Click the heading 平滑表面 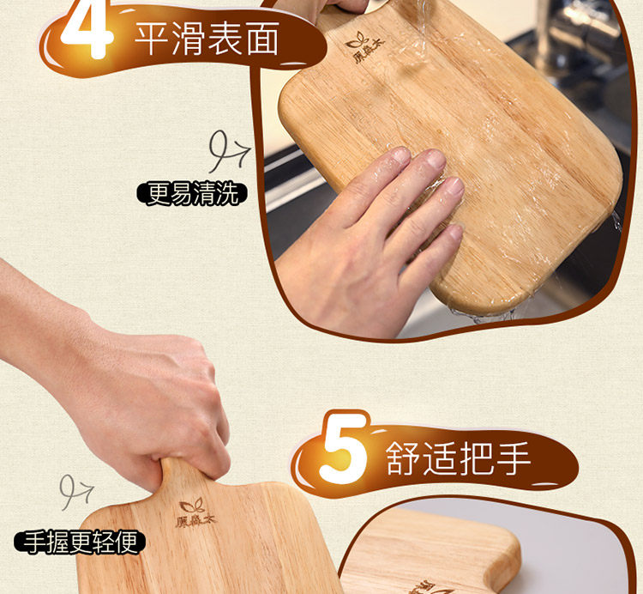(207, 39)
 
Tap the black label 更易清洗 (192, 194)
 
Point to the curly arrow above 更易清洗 (227, 151)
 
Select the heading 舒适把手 (458, 458)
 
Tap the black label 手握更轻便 (80, 542)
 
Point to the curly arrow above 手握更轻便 (75, 492)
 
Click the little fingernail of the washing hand (455, 233)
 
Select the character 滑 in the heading (189, 39)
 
